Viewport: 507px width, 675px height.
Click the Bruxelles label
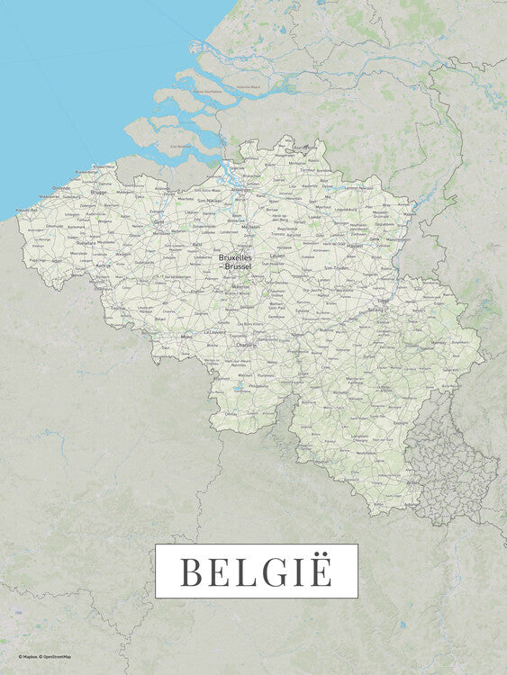(235, 257)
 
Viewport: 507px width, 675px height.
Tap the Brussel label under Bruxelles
(239, 266)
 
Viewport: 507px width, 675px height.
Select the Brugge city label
(98, 192)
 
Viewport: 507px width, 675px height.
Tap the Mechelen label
(250, 228)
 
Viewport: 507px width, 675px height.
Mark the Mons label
(186, 337)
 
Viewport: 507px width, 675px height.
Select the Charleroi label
(245, 344)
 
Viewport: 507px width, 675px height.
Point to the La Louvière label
(213, 330)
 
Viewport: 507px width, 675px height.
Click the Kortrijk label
(103, 266)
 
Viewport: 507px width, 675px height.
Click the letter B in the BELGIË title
(190, 571)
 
